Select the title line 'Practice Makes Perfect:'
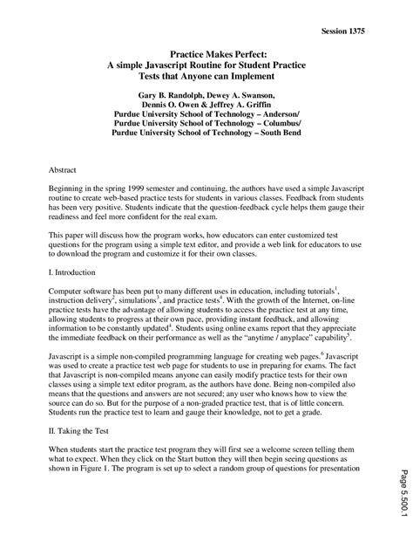(206, 54)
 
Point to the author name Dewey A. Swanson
(249, 94)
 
